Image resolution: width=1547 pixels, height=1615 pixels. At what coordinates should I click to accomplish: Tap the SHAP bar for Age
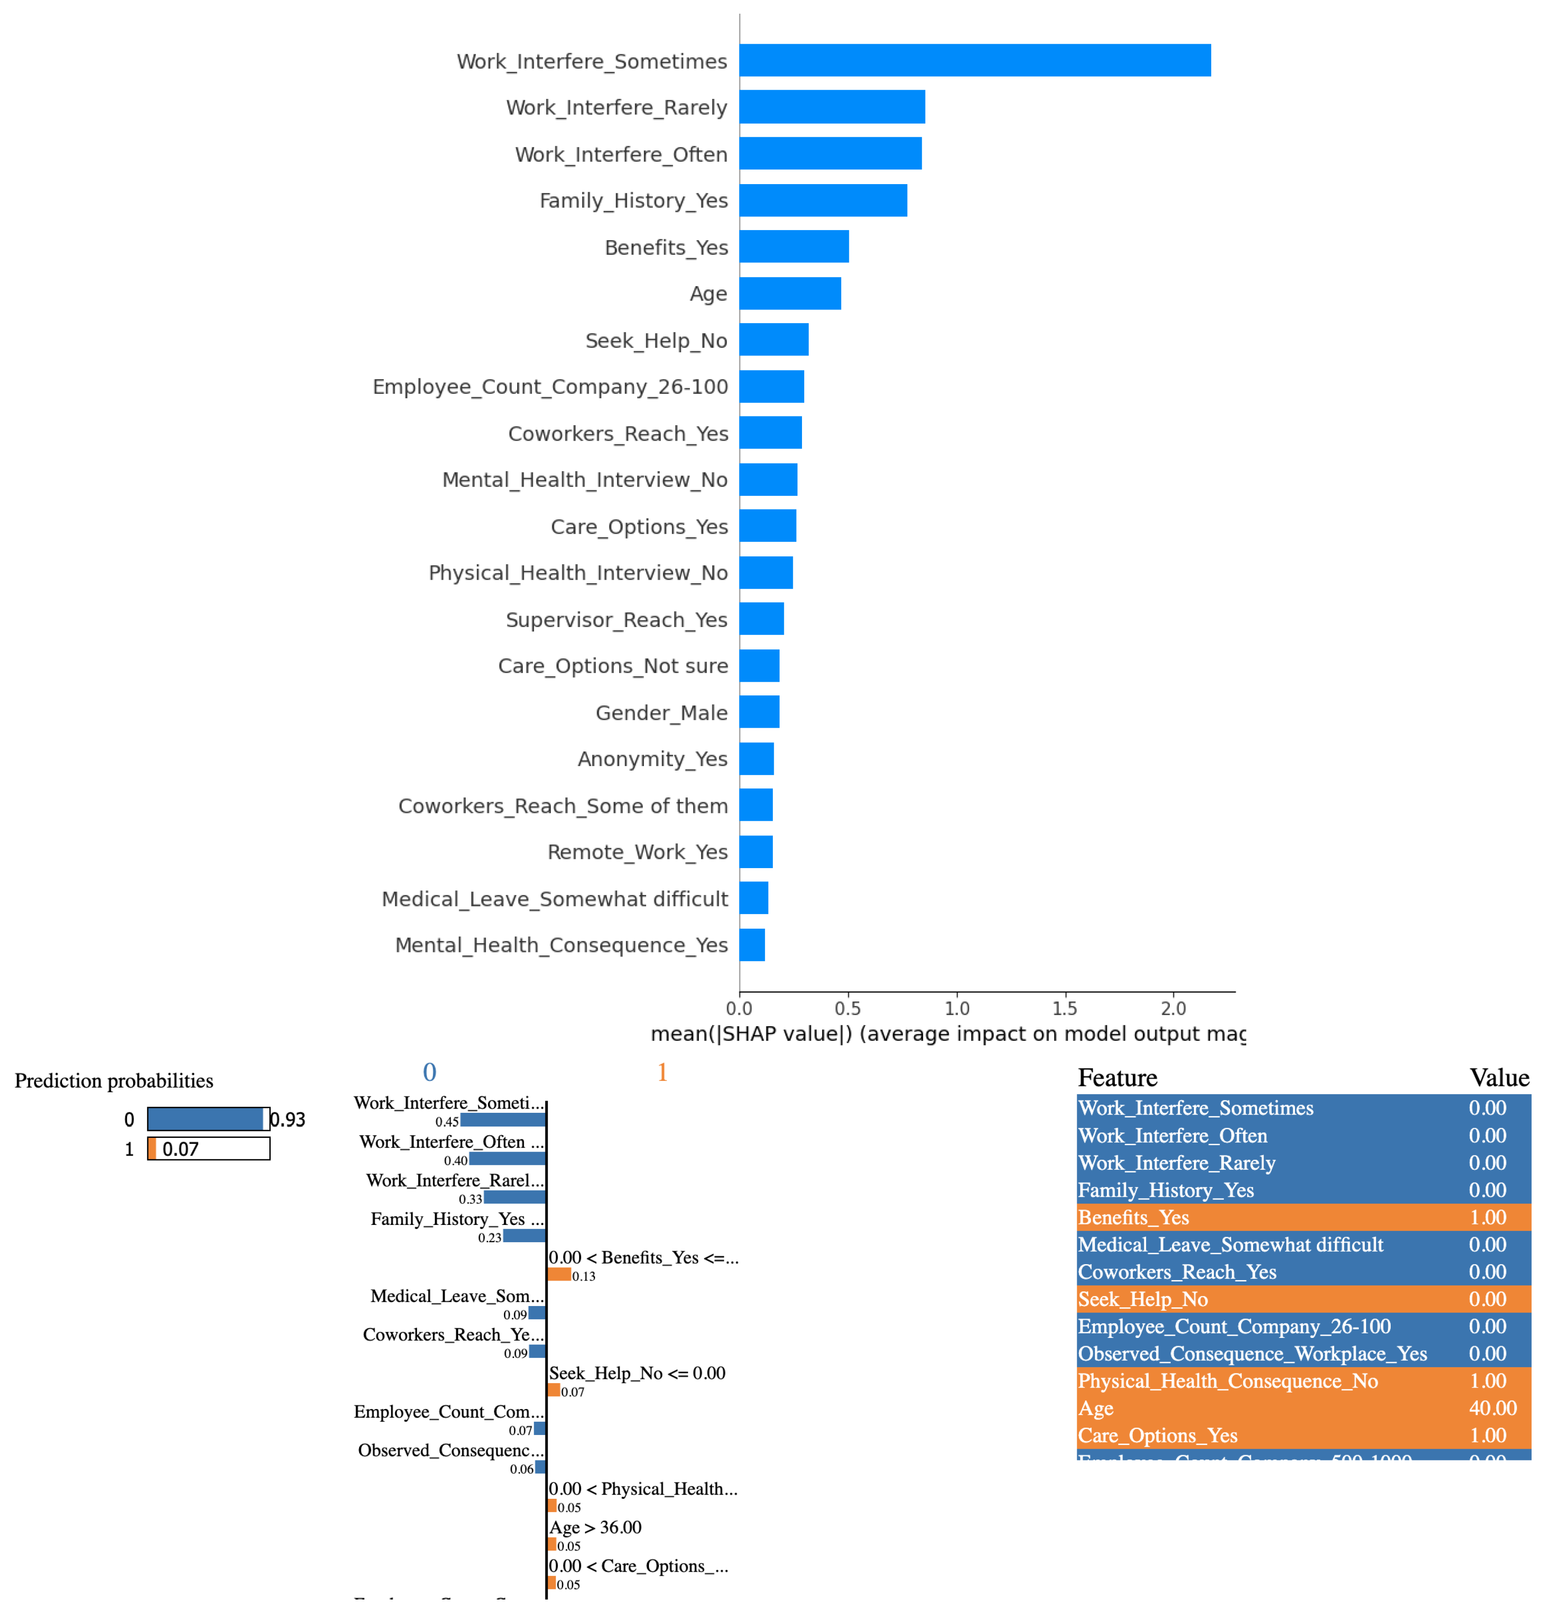[789, 293]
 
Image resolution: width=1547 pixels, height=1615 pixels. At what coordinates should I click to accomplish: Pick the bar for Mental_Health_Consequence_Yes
[751, 944]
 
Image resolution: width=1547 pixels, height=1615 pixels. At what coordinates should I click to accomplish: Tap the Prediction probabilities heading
[113, 1080]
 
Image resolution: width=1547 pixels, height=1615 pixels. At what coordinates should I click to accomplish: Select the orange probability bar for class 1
[152, 1149]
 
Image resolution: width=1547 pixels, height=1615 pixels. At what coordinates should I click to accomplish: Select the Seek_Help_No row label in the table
[1142, 1299]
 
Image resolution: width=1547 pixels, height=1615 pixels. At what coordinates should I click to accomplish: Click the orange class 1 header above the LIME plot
[662, 1072]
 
